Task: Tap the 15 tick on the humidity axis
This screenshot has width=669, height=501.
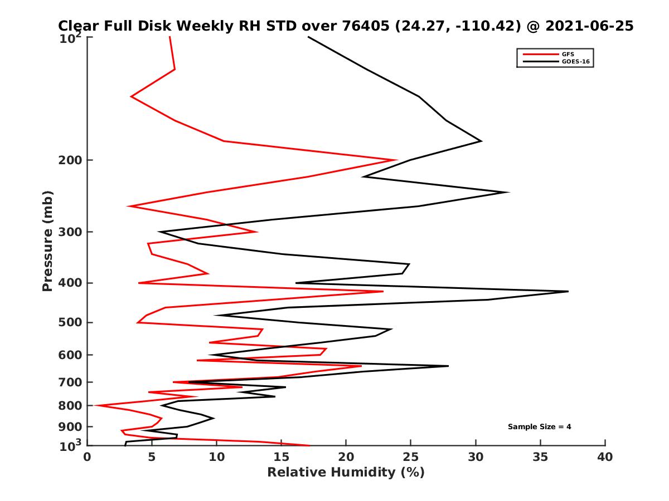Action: tap(282, 457)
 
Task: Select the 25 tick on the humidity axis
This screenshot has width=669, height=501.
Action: tap(411, 457)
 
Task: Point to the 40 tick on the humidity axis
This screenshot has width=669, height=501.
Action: tap(605, 457)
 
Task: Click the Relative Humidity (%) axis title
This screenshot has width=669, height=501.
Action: tap(346, 473)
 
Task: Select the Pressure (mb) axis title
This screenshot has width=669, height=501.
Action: tap(47, 240)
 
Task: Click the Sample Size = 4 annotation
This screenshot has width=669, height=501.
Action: tap(539, 427)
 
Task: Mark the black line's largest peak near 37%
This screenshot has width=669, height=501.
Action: tap(568, 291)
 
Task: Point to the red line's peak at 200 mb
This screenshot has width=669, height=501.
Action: tap(396, 160)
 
